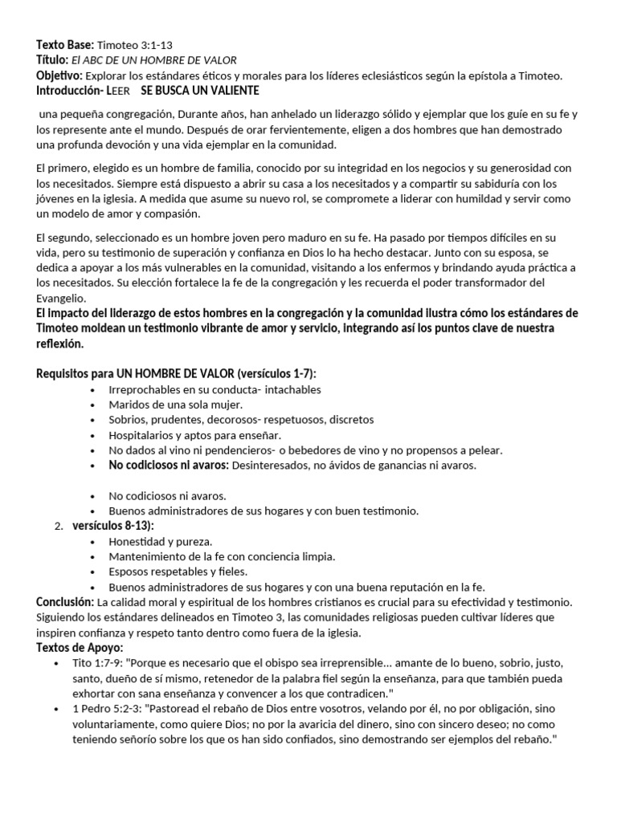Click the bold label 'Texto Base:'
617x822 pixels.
(66, 45)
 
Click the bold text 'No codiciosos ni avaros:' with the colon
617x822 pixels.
(170, 465)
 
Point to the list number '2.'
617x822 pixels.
(58, 526)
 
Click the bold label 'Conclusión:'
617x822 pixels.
(65, 601)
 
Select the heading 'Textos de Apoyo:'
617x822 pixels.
(79, 647)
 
